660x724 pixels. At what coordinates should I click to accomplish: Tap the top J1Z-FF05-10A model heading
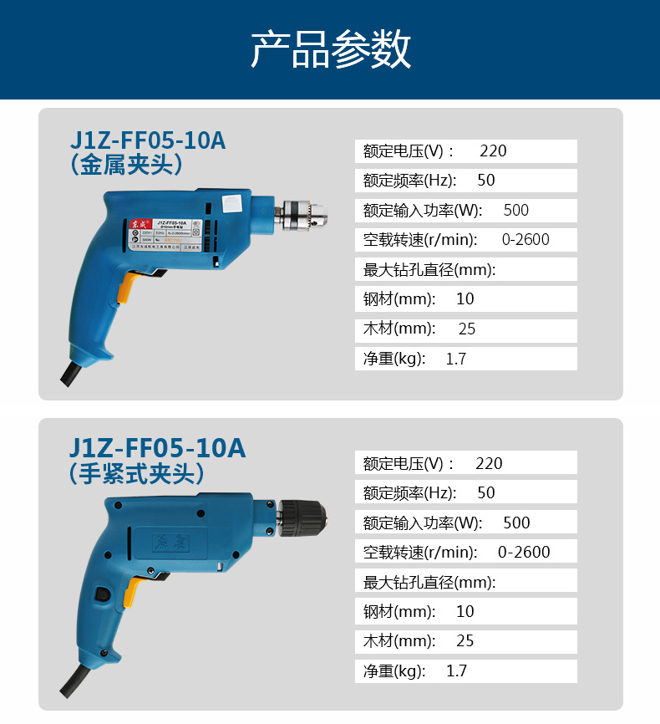(x=147, y=140)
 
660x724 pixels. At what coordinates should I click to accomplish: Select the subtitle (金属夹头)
(x=127, y=165)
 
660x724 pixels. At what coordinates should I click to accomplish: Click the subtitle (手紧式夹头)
(x=137, y=474)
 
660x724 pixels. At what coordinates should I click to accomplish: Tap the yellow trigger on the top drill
(x=126, y=289)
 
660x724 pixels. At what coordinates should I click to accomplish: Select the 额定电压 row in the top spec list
(x=465, y=151)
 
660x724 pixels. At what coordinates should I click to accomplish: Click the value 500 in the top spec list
(x=516, y=211)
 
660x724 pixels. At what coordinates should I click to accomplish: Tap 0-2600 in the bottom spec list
(x=524, y=553)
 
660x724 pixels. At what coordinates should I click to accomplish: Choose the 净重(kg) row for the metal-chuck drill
(x=465, y=359)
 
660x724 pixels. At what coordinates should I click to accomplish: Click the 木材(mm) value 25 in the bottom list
(x=465, y=641)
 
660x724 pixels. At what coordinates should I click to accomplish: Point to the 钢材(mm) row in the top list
(x=465, y=299)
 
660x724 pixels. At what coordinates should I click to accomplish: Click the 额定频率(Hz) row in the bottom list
(x=465, y=493)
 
